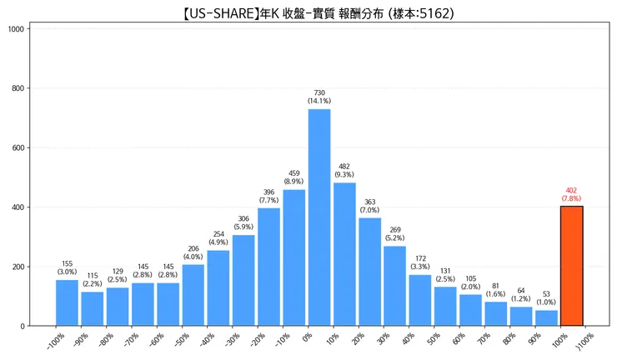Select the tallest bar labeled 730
[319, 217]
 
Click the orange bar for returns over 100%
[572, 266]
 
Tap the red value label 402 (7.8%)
[572, 195]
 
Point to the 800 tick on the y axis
[18, 88]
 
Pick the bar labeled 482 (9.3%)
[344, 254]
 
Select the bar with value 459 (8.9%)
[294, 257]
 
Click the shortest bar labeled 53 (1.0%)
[546, 317]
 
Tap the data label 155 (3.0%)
[68, 268]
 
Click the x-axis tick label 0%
[307, 339]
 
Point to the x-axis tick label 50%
[433, 339]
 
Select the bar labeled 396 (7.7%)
[268, 267]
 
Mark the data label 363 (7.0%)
[369, 206]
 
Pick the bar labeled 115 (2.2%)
[93, 308]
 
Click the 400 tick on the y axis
[18, 207]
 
